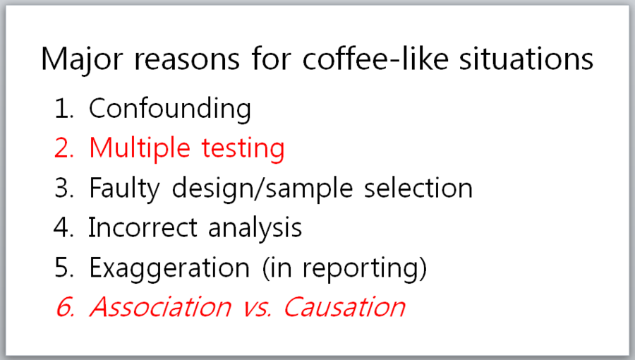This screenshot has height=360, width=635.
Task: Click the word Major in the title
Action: (82, 60)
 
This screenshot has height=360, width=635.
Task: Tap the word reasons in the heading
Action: (187, 60)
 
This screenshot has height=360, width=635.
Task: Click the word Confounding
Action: (170, 109)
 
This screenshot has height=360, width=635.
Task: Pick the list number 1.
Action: (64, 109)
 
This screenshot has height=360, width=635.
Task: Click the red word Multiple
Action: (140, 148)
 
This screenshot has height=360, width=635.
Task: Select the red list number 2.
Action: (64, 148)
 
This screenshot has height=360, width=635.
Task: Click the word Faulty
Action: (125, 188)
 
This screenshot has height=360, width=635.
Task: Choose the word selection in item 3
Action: (418, 188)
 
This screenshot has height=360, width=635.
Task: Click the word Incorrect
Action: (143, 227)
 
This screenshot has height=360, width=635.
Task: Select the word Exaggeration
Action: (169, 268)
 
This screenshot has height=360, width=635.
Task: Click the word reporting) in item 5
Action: (365, 268)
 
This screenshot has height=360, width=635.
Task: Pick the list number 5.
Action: (64, 268)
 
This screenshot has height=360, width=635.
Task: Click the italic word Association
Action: (160, 307)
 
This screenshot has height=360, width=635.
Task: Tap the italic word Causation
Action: (344, 307)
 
